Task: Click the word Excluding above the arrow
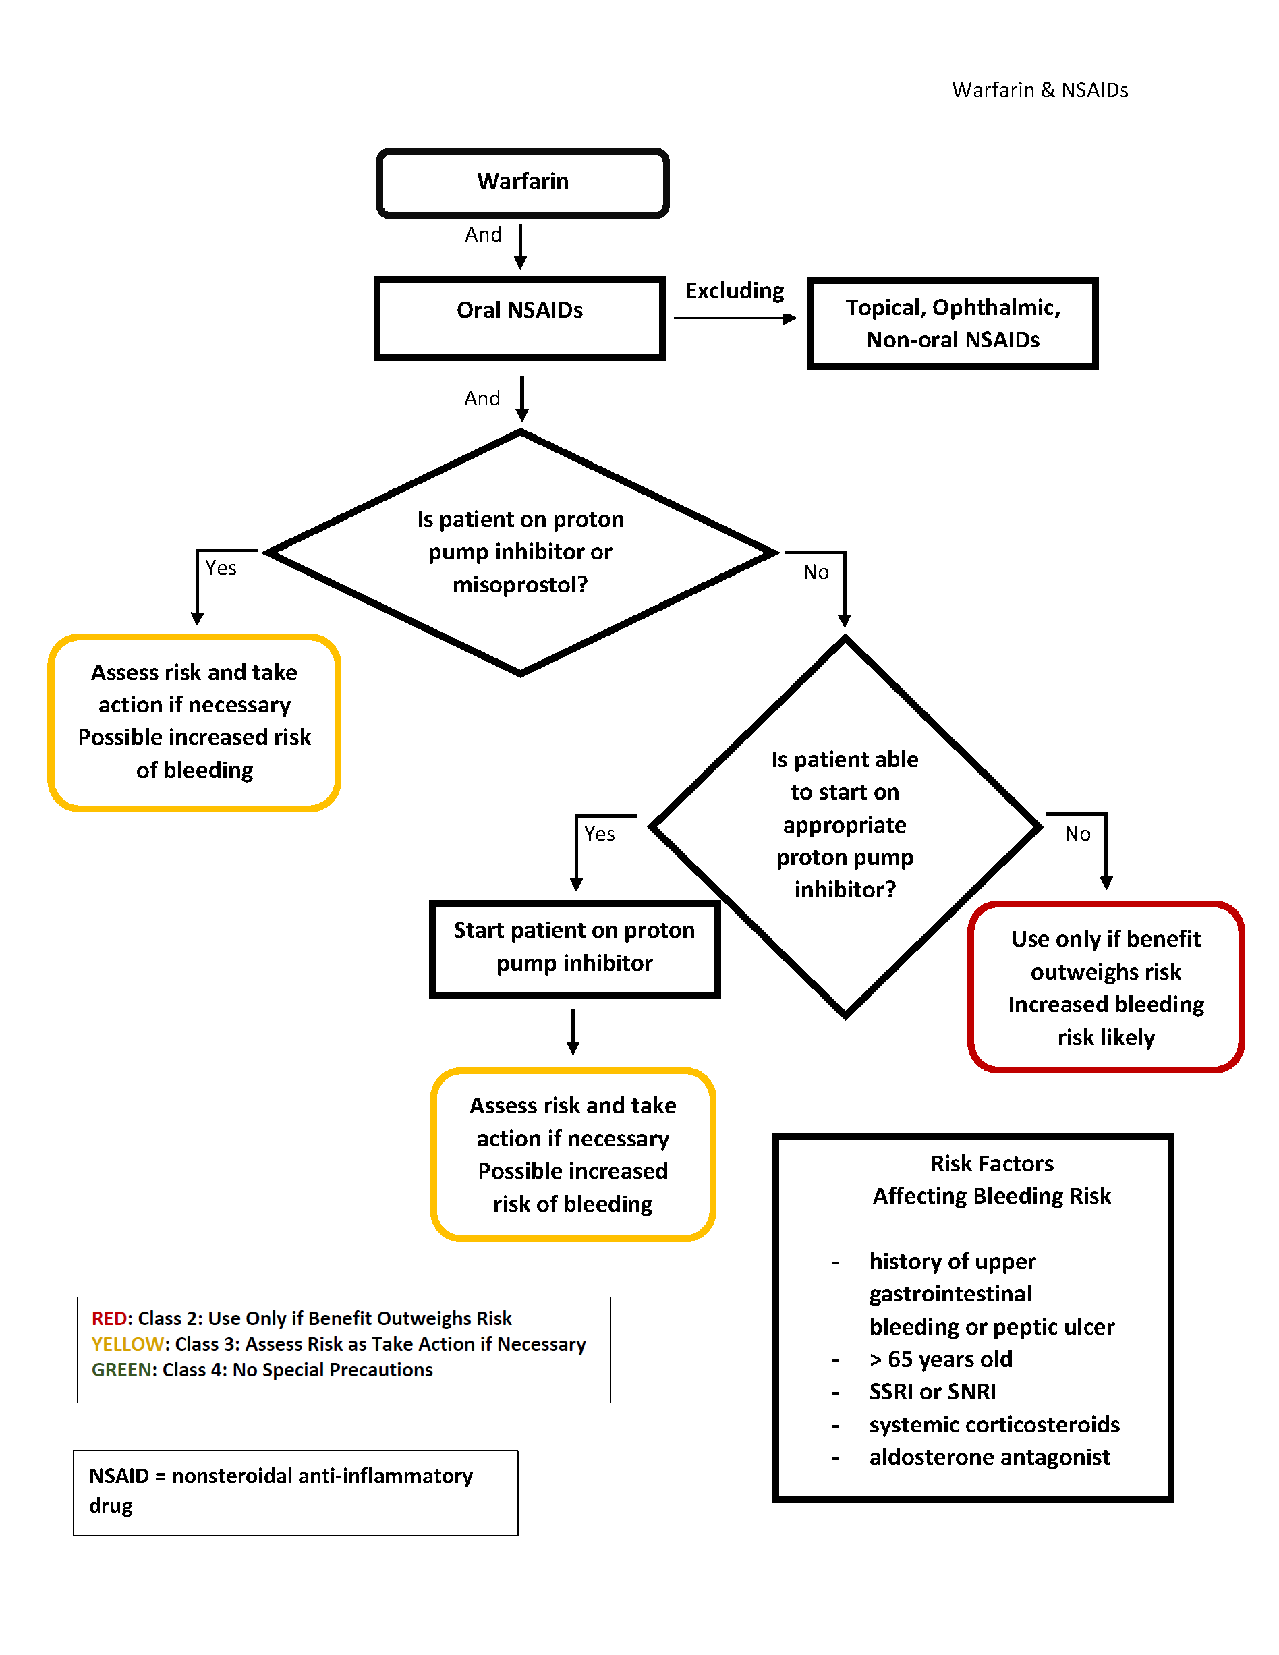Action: pos(735,291)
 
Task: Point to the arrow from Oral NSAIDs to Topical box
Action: pos(735,318)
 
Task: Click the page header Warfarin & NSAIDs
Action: pos(1040,90)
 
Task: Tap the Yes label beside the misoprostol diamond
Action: pos(221,568)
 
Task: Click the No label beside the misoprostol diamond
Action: pos(816,572)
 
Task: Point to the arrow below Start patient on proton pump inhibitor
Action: pos(573,1032)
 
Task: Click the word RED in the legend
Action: pos(109,1318)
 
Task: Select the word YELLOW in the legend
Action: pos(127,1345)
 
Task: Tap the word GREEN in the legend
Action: pos(121,1370)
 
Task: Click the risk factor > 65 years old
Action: pos(941,1359)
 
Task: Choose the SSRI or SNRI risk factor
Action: pos(933,1392)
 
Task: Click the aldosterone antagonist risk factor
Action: pos(990,1457)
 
